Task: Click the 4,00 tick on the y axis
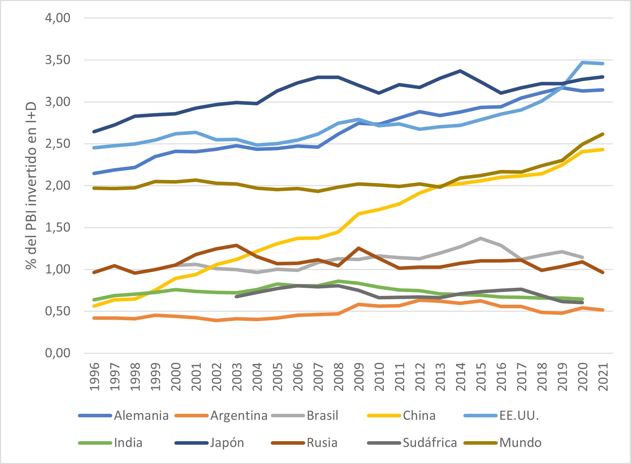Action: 58,18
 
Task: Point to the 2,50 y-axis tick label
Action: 58,144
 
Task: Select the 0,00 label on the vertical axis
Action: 58,353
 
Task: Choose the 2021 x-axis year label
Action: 603,377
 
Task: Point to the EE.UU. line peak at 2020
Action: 583,62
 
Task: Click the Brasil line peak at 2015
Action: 481,238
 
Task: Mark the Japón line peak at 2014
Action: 461,71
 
